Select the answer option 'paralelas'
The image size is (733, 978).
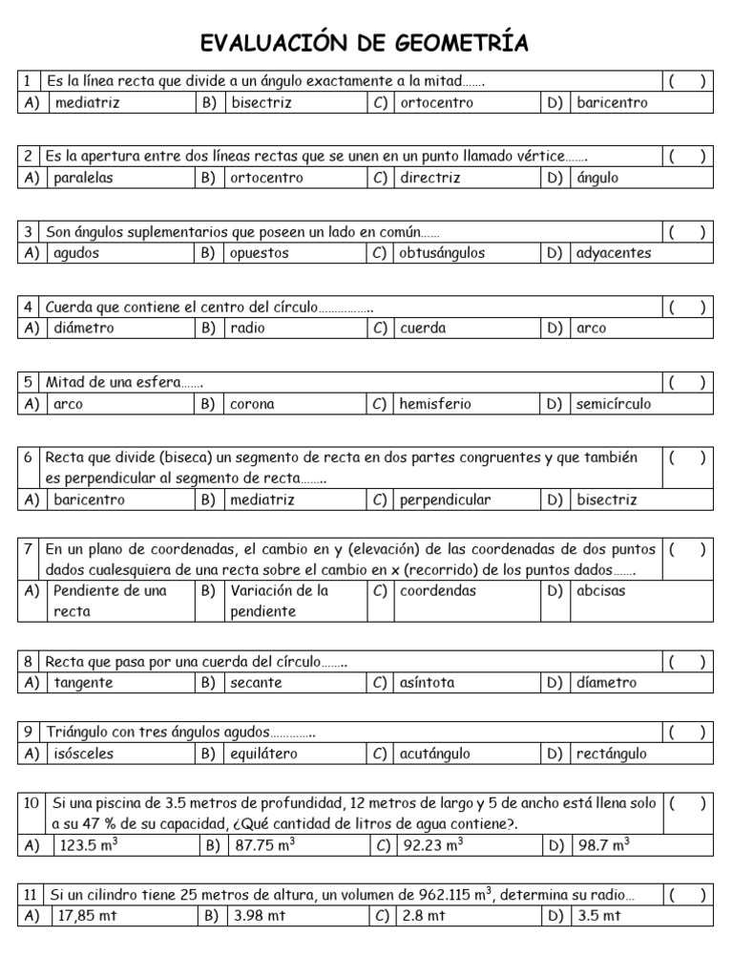click(84, 178)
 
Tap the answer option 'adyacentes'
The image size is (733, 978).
click(614, 253)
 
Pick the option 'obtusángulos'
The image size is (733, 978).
click(442, 253)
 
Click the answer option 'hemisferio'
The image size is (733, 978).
click(435, 404)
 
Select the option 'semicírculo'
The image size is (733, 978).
click(614, 404)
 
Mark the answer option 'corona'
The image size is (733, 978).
click(252, 404)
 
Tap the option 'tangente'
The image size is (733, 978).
click(83, 683)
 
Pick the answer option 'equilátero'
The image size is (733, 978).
click(263, 754)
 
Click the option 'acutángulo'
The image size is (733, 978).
click(434, 754)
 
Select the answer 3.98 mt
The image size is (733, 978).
click(255, 916)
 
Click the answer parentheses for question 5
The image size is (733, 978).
click(687, 382)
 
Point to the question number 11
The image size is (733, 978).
click(30, 895)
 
